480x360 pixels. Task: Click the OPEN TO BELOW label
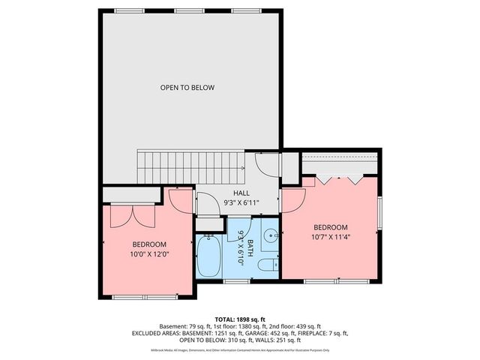(x=187, y=88)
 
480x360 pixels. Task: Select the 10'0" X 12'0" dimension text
(x=149, y=253)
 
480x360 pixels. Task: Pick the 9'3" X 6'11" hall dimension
(x=241, y=203)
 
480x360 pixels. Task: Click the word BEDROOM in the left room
(x=149, y=244)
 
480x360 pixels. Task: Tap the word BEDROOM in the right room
(x=331, y=227)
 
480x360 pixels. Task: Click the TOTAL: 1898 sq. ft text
(x=240, y=319)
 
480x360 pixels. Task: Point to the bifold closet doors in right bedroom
(x=339, y=180)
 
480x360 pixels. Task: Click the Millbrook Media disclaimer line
(x=240, y=350)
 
